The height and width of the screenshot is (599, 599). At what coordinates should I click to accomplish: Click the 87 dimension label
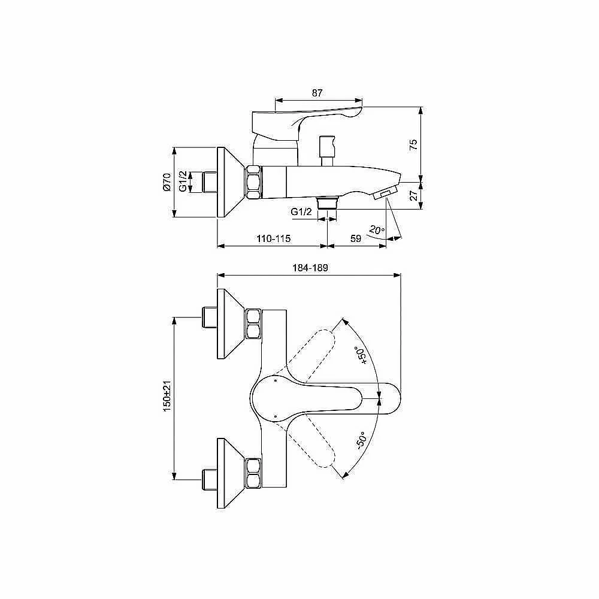317,93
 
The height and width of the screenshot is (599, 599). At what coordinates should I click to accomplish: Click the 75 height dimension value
413,145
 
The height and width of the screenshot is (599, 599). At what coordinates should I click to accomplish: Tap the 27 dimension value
414,196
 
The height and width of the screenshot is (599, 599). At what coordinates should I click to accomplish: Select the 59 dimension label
356,238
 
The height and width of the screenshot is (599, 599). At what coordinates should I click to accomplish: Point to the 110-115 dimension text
274,238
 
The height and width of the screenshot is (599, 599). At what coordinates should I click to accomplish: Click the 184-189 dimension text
310,268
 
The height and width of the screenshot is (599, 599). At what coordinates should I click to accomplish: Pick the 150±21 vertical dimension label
167,396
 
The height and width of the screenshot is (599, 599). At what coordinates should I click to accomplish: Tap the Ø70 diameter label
167,182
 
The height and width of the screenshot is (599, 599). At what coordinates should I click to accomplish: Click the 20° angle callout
377,231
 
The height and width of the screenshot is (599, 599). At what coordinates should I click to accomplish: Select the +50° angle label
361,355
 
